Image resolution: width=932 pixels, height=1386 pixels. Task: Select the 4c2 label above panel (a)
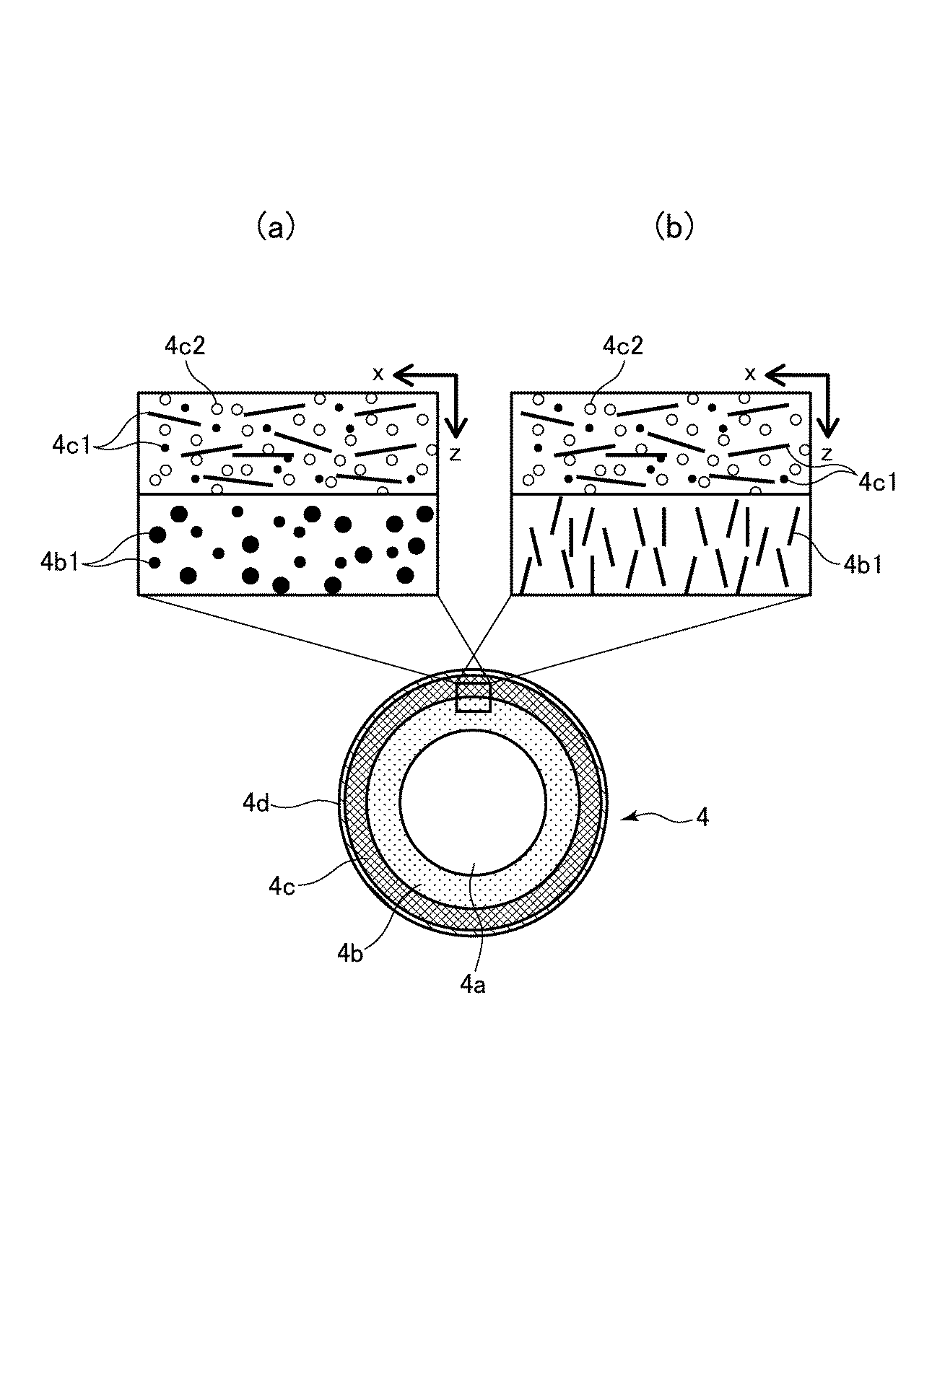click(x=186, y=346)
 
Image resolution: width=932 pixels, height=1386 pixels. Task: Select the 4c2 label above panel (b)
click(x=622, y=346)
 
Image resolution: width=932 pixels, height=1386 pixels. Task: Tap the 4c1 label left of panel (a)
click(x=71, y=445)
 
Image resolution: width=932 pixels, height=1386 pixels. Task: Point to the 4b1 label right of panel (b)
click(x=862, y=563)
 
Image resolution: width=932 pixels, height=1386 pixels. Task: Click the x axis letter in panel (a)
click(x=378, y=374)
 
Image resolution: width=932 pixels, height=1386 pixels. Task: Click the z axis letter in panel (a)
click(x=454, y=455)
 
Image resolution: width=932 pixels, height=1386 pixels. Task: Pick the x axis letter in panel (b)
click(x=751, y=374)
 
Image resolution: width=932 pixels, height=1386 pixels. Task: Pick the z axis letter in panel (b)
click(x=827, y=455)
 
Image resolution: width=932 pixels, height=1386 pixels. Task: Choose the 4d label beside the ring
click(x=256, y=803)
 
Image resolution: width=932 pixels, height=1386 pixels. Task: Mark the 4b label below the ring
click(x=349, y=954)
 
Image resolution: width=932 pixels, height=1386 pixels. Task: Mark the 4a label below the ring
click(x=473, y=984)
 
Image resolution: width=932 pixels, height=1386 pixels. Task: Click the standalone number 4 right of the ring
click(x=702, y=817)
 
